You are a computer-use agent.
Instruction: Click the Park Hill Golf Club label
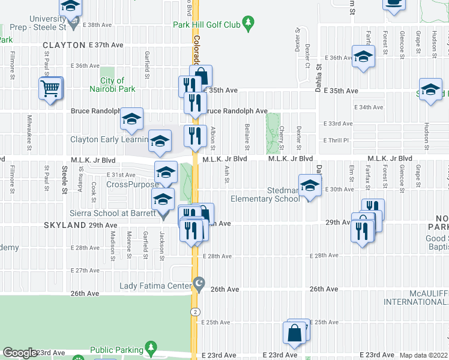click(206, 25)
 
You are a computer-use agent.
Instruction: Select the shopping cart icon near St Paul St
click(50, 89)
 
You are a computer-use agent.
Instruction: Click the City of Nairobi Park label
click(112, 85)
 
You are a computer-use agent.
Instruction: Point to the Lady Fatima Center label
click(155, 286)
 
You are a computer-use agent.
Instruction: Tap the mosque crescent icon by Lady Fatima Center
click(200, 283)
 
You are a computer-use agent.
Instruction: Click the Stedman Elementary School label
click(265, 194)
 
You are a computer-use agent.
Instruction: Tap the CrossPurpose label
click(133, 185)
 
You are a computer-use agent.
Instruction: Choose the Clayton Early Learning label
click(109, 140)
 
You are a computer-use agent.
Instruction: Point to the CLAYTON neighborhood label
click(64, 45)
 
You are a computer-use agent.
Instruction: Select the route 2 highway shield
click(195, 312)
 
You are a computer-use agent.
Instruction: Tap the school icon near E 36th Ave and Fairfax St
click(363, 57)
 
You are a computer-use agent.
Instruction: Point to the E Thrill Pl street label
click(336, 140)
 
